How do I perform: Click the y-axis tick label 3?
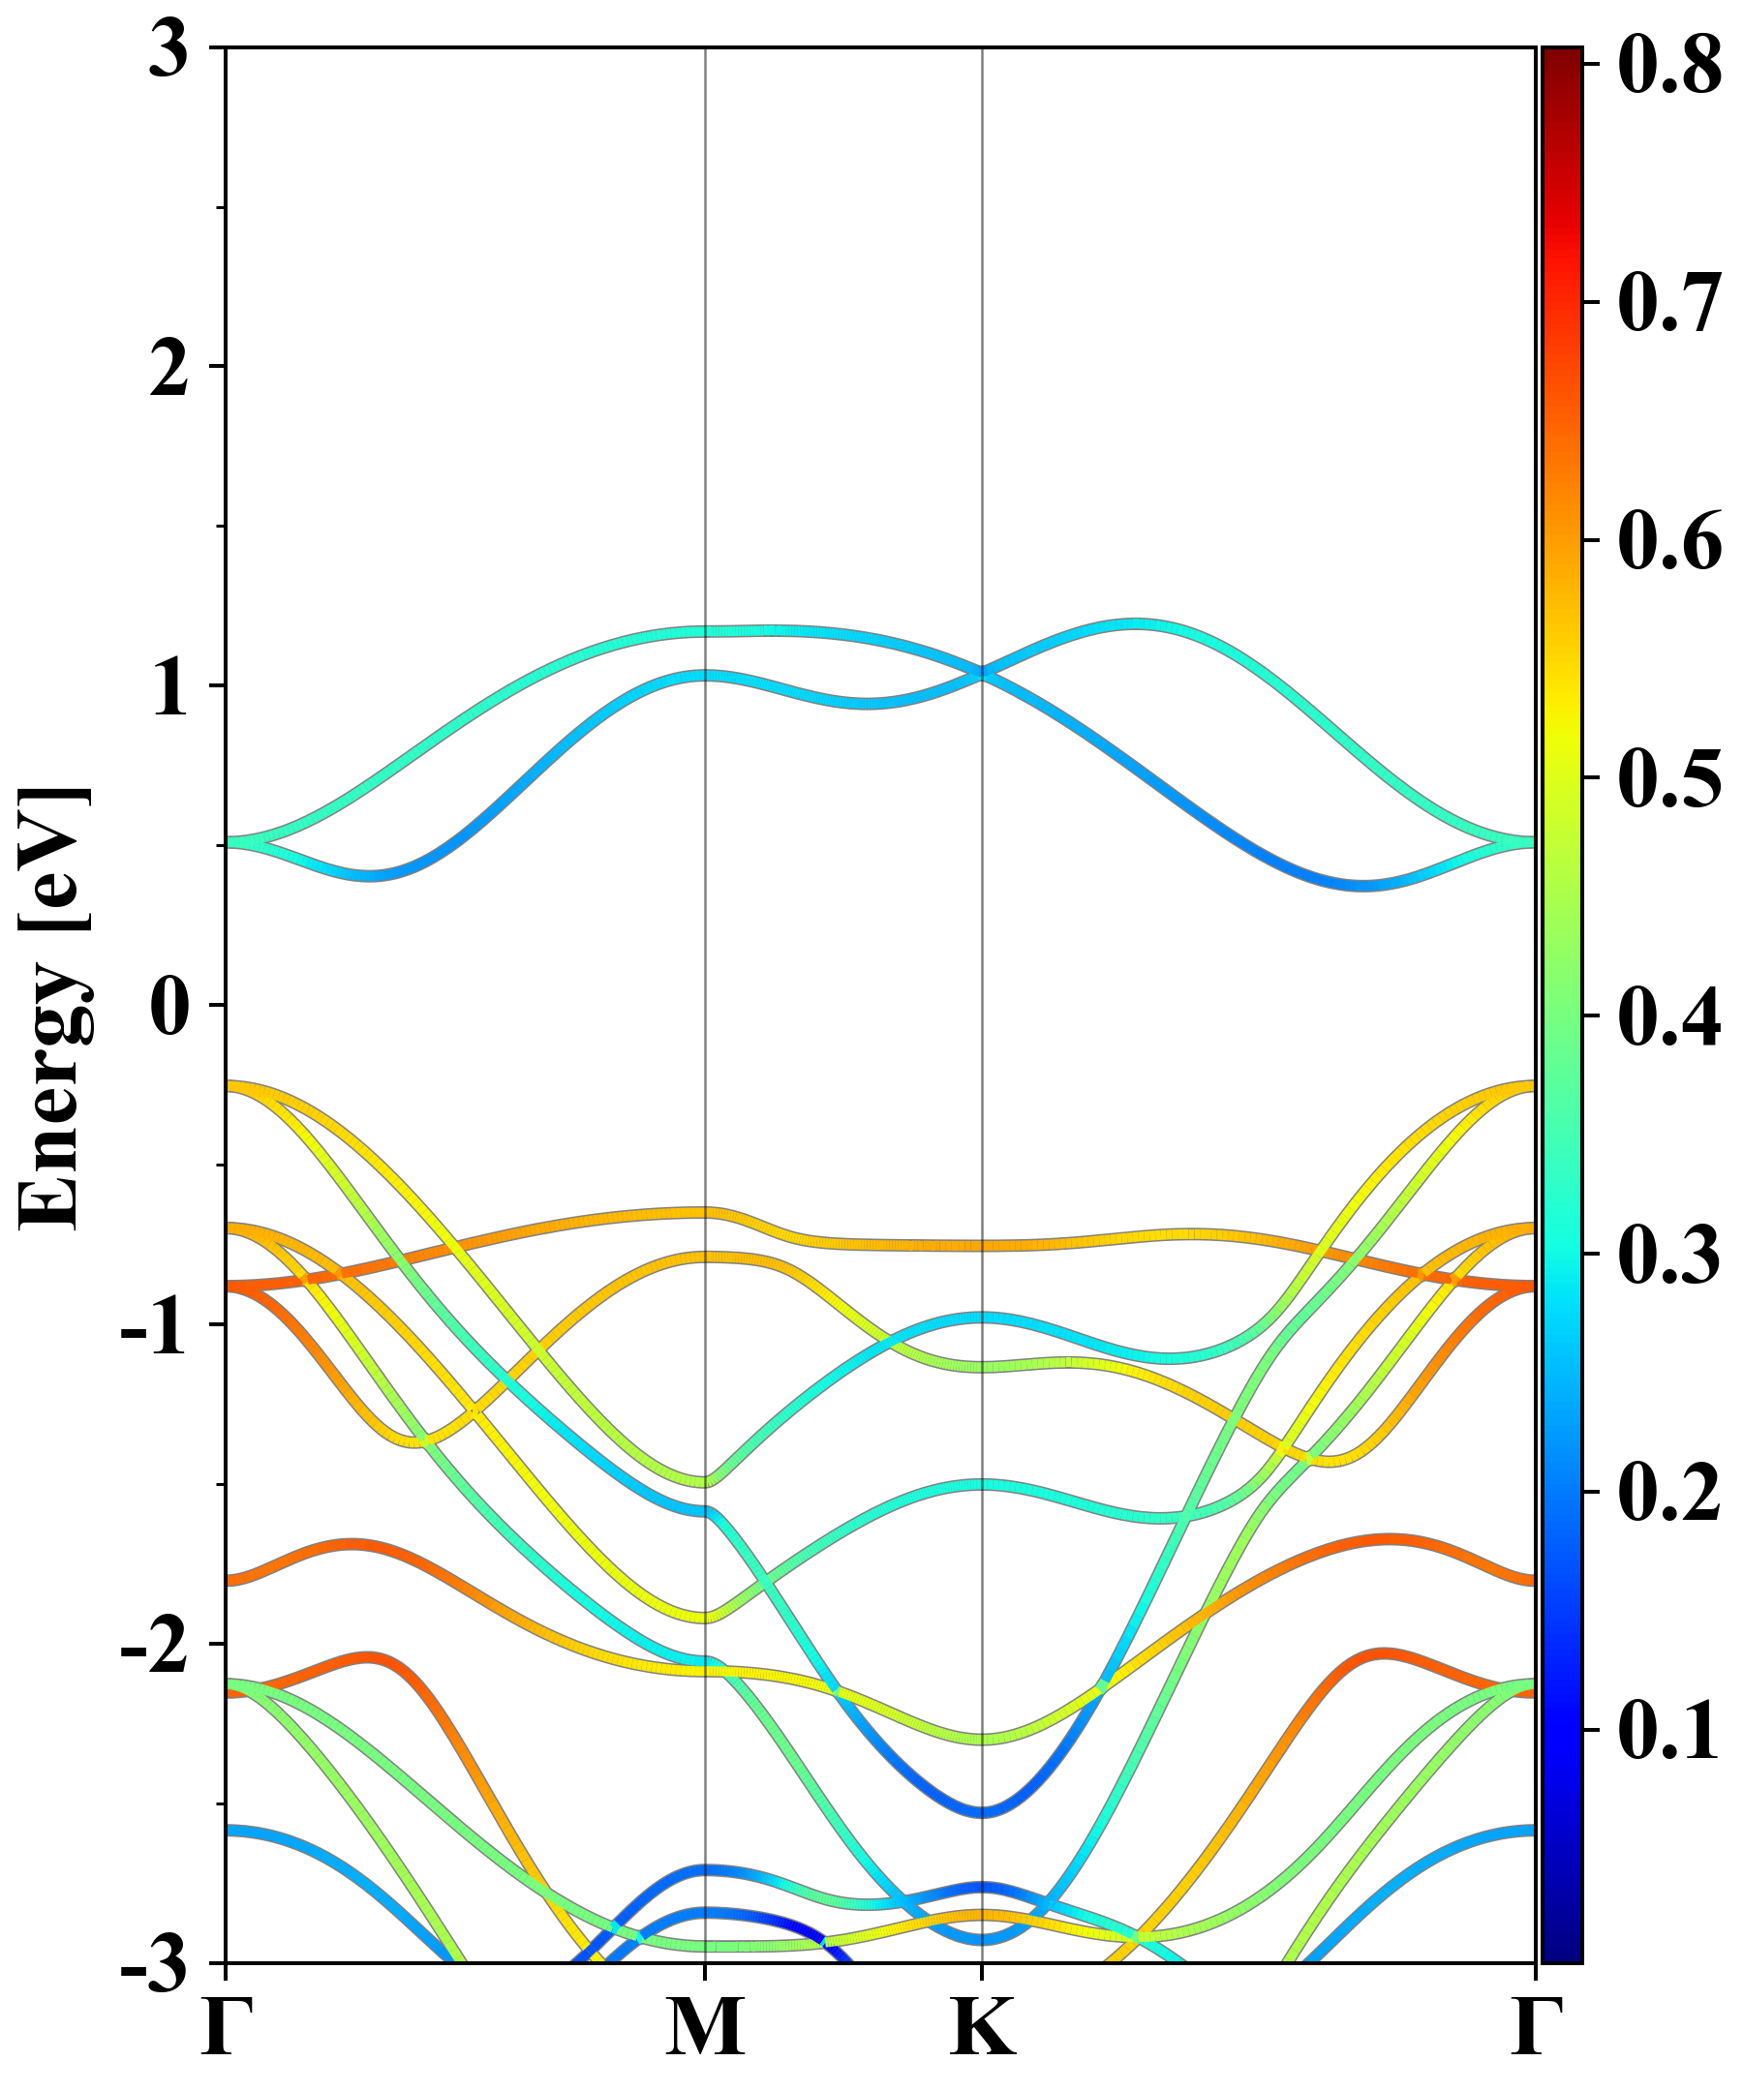coord(169,51)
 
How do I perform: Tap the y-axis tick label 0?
coord(169,1008)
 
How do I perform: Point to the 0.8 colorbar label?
coord(1669,66)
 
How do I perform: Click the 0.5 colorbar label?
coord(1669,778)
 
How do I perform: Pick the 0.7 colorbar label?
coord(1669,303)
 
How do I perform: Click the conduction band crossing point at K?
coord(983,673)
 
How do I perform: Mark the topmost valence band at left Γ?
coord(229,1086)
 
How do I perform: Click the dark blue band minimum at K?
coord(983,1811)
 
